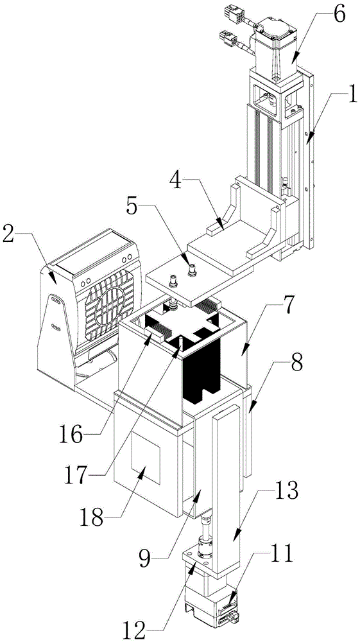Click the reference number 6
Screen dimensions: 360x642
[338, 15]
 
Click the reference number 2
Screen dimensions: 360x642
[11, 235]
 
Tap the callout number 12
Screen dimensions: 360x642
[133, 629]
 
